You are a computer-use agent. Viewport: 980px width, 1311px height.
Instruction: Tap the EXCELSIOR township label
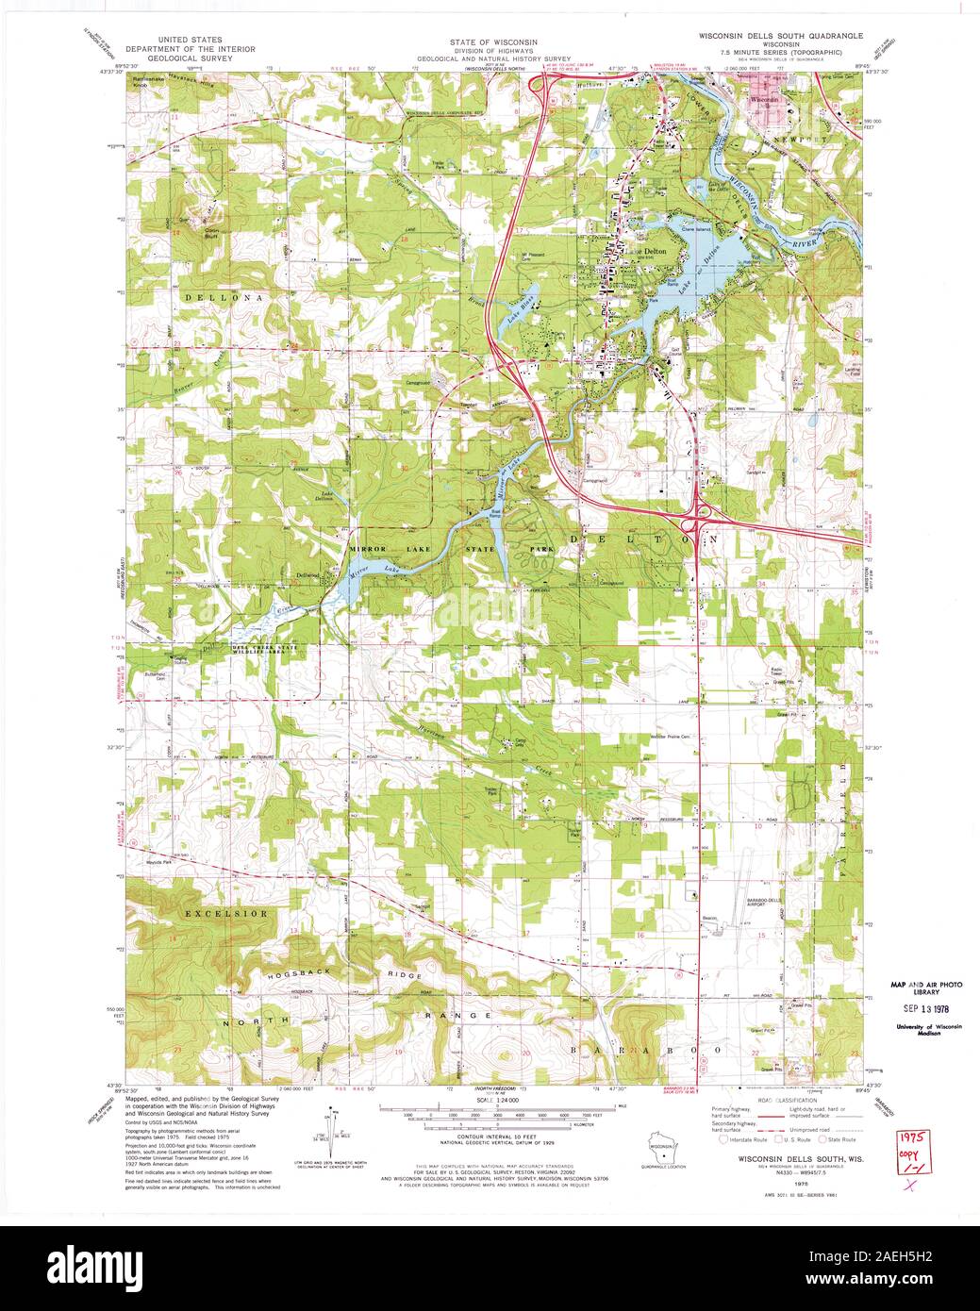pyautogui.click(x=226, y=914)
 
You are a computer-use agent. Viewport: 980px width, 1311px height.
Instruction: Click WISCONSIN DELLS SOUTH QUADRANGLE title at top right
pyautogui.click(x=780, y=35)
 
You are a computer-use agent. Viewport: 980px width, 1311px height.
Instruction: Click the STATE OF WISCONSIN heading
pyautogui.click(x=481, y=42)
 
